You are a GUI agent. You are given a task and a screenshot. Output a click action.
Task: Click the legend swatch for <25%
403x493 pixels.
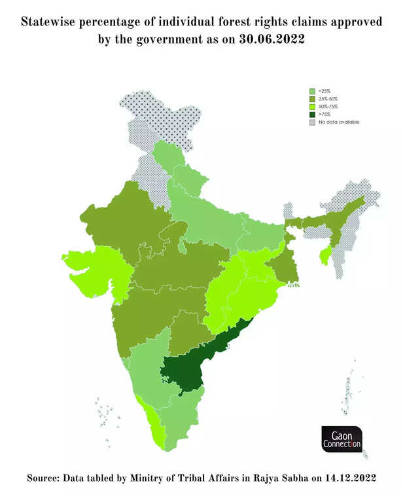(313, 90)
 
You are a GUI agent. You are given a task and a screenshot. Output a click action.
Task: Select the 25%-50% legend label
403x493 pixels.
(328, 98)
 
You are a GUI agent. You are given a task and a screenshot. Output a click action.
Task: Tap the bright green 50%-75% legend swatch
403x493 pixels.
(313, 106)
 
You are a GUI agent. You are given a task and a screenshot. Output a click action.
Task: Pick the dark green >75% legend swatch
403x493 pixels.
(313, 114)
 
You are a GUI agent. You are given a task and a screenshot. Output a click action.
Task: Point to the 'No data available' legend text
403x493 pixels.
(339, 122)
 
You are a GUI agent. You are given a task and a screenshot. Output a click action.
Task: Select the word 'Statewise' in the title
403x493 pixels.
(51, 22)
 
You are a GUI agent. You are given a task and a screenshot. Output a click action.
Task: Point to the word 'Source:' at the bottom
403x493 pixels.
(48, 477)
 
